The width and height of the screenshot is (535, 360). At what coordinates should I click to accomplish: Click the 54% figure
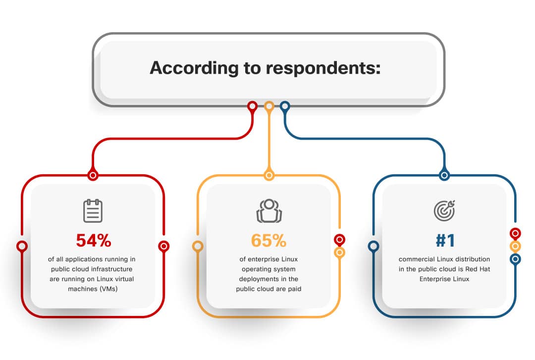(94, 240)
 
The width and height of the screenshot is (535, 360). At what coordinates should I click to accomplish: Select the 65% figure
(268, 240)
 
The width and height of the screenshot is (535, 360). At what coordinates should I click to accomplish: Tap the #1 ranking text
(445, 240)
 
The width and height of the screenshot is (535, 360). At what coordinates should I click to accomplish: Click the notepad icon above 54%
(93, 211)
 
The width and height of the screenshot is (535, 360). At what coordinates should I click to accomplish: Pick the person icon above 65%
(269, 210)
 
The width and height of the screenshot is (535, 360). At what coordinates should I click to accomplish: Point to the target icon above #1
(444, 210)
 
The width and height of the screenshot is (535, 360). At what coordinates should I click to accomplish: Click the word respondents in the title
(323, 68)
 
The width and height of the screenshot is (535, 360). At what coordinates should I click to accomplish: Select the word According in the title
(194, 68)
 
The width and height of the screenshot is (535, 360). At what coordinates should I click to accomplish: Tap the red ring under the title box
(252, 106)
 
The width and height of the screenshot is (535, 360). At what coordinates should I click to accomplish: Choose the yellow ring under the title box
(269, 106)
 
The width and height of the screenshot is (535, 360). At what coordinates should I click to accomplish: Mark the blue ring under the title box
(285, 106)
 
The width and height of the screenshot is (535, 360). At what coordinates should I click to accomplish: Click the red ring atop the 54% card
(93, 175)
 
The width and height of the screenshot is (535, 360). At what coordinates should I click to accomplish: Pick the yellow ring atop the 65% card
(269, 175)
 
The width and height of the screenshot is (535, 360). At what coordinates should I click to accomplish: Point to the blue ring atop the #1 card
(444, 175)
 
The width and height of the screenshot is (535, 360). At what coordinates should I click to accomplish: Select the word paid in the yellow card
(294, 289)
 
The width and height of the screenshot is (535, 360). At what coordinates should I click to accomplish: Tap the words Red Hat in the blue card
(478, 269)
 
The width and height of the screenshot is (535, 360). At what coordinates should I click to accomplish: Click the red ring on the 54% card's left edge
(22, 246)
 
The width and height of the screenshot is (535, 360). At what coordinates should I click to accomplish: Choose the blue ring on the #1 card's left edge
(374, 246)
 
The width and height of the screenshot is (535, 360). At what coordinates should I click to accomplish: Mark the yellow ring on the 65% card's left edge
(198, 246)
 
